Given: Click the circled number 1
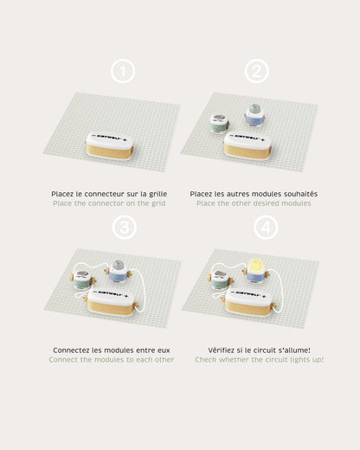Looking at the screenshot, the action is tap(123, 71).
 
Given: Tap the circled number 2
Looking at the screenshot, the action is tap(257, 71).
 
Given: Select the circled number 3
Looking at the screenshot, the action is tap(125, 228).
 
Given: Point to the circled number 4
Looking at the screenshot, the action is tap(266, 228).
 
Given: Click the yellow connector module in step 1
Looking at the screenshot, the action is tap(110, 145).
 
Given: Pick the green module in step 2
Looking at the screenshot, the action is tap(220, 123).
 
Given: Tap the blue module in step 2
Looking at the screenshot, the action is tap(254, 115).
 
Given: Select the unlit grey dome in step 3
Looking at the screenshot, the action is tap(118, 265).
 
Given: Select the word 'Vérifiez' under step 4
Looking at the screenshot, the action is tap(222, 350).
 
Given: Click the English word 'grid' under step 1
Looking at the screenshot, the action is tap(158, 203).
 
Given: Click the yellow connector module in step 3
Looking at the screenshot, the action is tap(111, 303).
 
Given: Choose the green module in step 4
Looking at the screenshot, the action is tap(221, 280).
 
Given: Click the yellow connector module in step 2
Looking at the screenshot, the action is tap(247, 146).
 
